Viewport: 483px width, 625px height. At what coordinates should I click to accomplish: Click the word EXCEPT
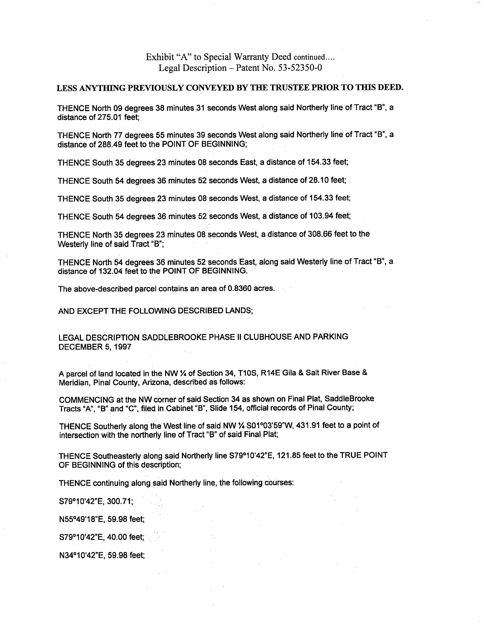(x=92, y=311)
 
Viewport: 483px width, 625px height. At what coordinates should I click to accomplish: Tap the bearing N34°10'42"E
(x=80, y=555)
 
